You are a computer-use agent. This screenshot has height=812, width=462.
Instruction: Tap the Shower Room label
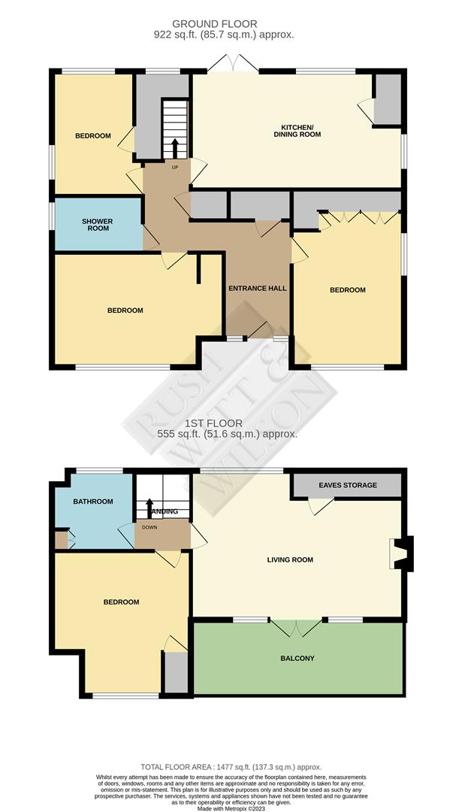pyautogui.click(x=97, y=224)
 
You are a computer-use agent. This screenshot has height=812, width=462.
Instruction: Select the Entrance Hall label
pyautogui.click(x=258, y=288)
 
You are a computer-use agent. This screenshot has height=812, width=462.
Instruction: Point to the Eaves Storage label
pyautogui.click(x=348, y=486)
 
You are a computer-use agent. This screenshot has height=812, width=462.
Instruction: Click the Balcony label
pyautogui.click(x=297, y=659)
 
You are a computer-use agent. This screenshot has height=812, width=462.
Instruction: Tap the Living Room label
pyautogui.click(x=290, y=560)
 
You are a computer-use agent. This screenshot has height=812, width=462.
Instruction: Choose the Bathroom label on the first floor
pyautogui.click(x=93, y=501)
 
